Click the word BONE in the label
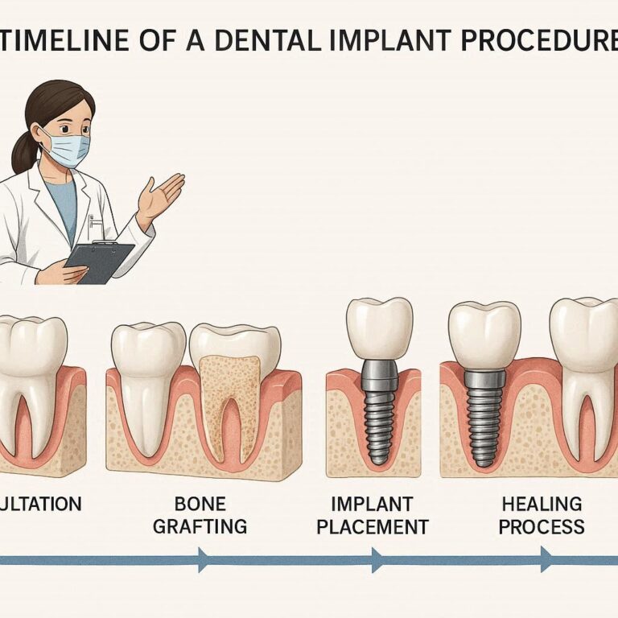(x=200, y=505)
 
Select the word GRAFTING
(x=200, y=528)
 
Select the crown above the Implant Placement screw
(x=379, y=328)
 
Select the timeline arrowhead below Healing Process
(x=547, y=559)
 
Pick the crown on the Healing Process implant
(x=484, y=334)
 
